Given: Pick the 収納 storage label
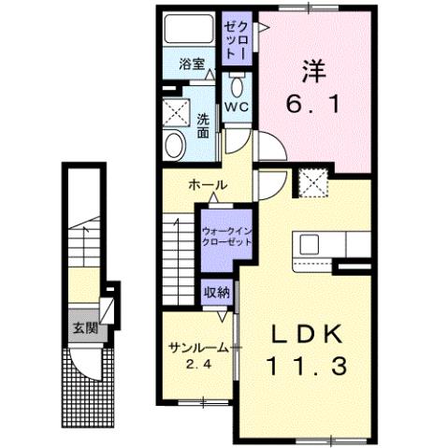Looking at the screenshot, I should point(217,293).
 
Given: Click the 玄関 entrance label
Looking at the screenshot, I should point(80,328).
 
